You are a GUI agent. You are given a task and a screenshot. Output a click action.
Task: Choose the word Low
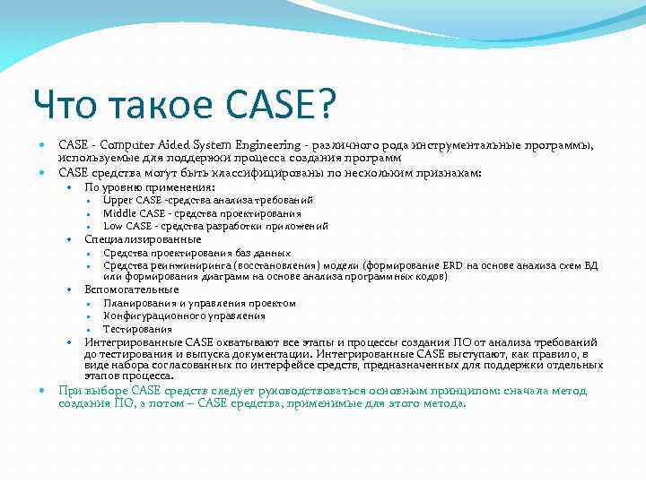tap(113, 226)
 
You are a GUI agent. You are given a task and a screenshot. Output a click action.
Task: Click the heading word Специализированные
tap(144, 239)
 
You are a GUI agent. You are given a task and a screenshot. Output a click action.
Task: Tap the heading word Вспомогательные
tap(132, 290)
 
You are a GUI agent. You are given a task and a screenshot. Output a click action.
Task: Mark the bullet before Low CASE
tap(91, 227)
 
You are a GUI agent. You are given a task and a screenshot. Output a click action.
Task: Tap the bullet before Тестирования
tap(91, 330)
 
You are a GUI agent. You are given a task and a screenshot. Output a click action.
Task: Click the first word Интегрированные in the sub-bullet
tap(133, 342)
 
